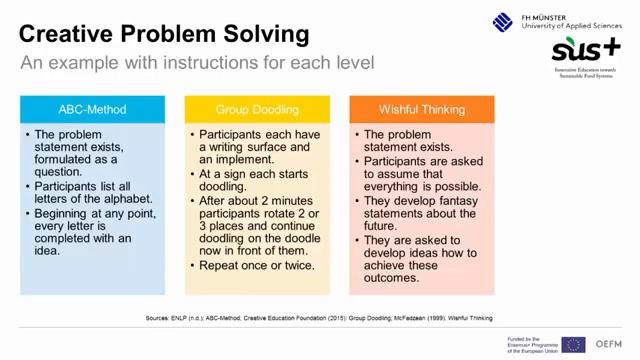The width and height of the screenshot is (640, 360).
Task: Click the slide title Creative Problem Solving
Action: [x=164, y=35]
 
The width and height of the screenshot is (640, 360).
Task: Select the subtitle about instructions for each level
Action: [x=197, y=63]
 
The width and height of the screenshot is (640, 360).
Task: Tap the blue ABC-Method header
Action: [x=92, y=109]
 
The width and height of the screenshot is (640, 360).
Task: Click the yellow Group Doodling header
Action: [x=256, y=109]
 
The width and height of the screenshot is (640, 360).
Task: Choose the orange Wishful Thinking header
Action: [x=420, y=109]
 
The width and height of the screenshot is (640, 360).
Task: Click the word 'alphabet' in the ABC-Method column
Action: [x=121, y=198]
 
